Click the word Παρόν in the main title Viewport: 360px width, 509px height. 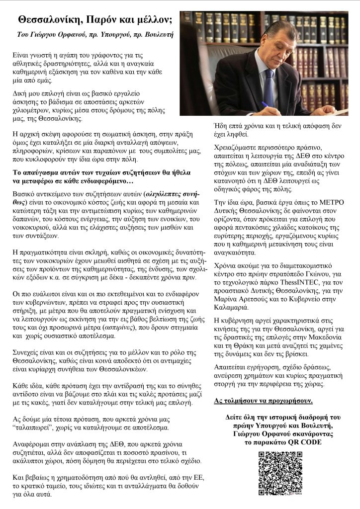[x=103, y=20]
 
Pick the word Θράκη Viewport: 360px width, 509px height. [x=242, y=345]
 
